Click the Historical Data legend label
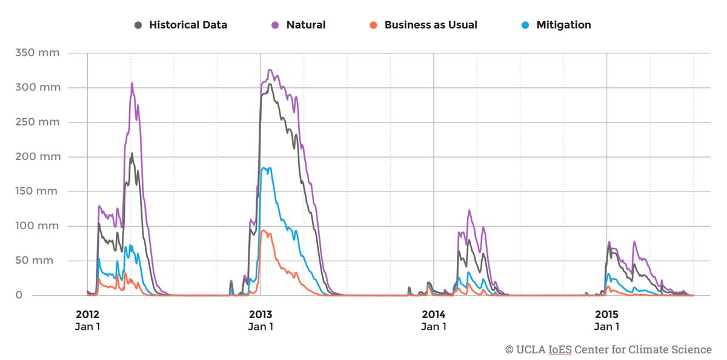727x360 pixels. pos(188,25)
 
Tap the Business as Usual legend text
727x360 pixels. pos(431,25)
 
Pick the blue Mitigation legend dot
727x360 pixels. pos(525,25)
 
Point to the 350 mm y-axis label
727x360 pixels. pos(38,53)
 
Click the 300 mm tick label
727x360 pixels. pos(38,87)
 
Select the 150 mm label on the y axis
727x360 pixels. pos(38,191)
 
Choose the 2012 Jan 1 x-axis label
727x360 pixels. pos(87,320)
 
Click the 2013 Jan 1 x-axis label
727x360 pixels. pos(261,320)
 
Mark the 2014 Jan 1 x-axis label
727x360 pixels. pos(434,320)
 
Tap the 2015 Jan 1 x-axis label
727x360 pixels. pos(607,320)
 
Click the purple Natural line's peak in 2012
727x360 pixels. pos(132,84)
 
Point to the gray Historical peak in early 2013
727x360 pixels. pos(270,84)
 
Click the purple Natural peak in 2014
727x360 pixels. pos(469,210)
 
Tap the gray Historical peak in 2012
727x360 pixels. pos(132,153)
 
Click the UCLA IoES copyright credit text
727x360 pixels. pos(608,350)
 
